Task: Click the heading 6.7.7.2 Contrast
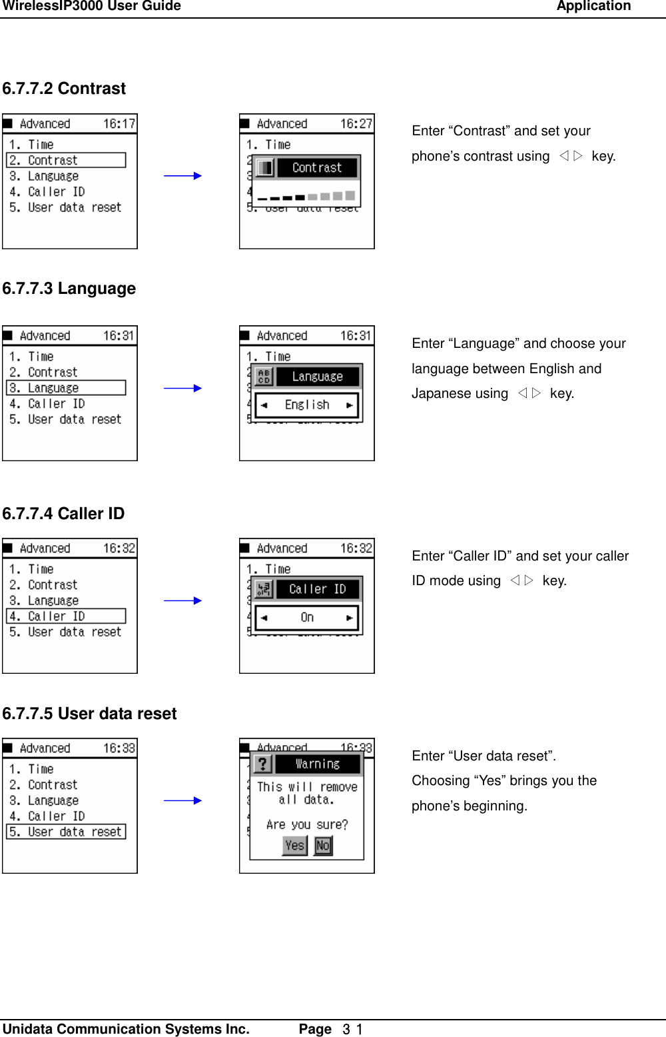[64, 89]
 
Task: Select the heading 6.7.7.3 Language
[69, 289]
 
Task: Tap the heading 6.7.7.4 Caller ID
[63, 514]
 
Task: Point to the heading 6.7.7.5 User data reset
[89, 714]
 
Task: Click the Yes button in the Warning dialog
[294, 846]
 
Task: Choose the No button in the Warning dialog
[323, 846]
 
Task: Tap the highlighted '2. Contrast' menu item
[66, 161]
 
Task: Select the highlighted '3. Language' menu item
[66, 388]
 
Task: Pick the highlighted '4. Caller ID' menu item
[66, 616]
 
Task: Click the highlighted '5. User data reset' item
[66, 832]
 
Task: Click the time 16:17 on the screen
[119, 124]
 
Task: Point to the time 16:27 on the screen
[356, 124]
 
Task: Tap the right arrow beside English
[349, 405]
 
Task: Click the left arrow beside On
[264, 618]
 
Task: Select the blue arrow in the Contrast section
[182, 176]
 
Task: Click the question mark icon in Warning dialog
[263, 764]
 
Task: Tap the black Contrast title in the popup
[317, 168]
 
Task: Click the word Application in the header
[593, 7]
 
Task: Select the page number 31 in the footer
[352, 1029]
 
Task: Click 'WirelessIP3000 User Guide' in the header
[91, 7]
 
